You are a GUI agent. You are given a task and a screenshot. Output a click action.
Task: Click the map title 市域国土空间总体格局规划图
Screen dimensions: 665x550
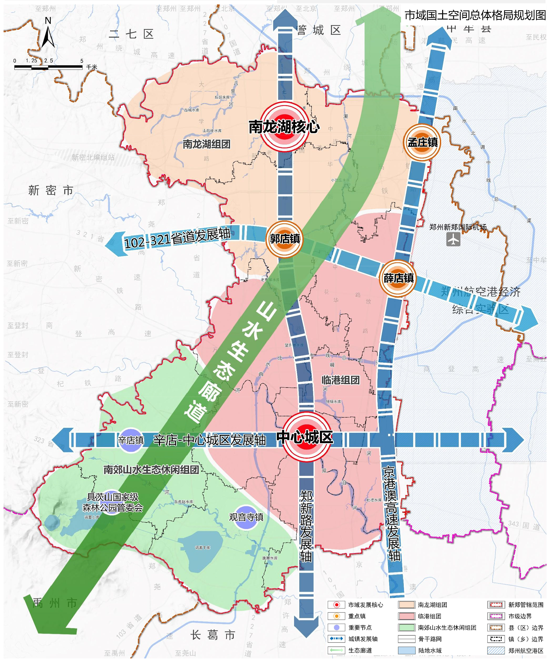[475, 15]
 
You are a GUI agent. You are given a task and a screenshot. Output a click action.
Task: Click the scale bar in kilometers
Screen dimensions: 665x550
[48, 67]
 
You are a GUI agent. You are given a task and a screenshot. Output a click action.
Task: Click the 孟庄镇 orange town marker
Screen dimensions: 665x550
[422, 143]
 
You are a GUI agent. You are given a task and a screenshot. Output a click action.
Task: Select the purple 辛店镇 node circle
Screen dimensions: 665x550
[131, 440]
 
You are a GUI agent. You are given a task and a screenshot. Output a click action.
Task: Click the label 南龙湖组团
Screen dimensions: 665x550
[207, 144]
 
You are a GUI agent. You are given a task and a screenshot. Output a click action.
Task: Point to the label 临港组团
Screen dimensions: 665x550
[341, 380]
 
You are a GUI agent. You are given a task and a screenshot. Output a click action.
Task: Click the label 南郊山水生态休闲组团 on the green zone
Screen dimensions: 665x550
[151, 470]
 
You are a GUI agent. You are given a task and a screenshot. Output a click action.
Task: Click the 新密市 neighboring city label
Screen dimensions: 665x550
[51, 191]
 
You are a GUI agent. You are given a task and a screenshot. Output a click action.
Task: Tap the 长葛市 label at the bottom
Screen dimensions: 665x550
[213, 635]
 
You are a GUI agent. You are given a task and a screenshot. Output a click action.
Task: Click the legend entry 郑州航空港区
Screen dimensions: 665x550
[525, 651]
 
